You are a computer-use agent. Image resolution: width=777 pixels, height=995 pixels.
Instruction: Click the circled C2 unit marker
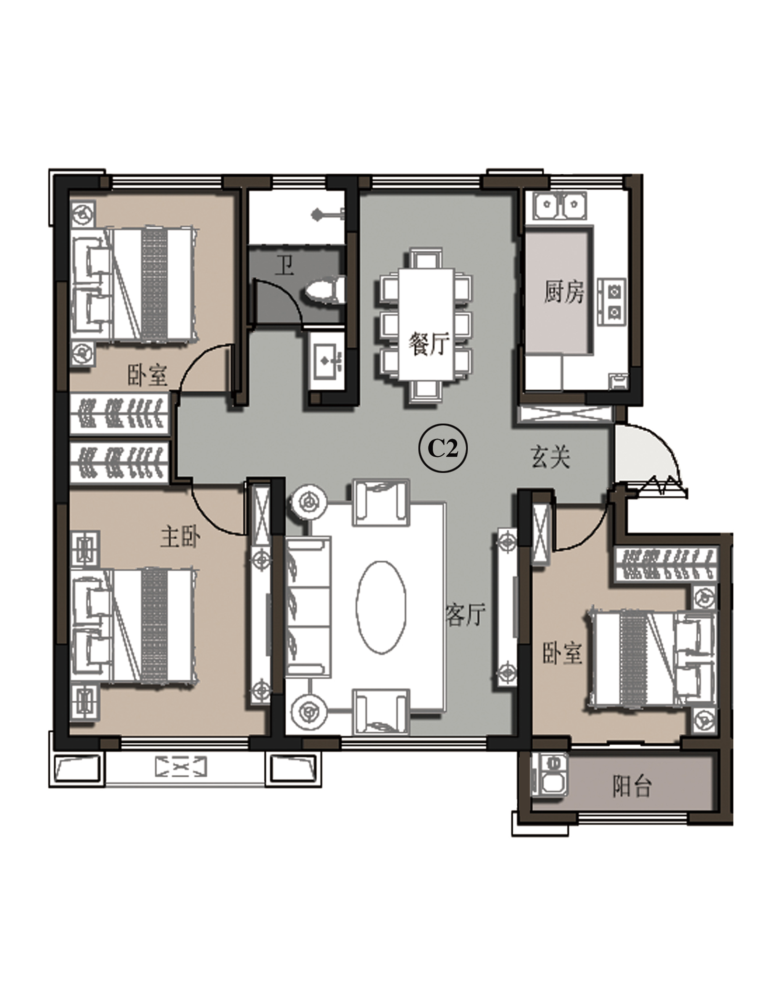tap(442, 449)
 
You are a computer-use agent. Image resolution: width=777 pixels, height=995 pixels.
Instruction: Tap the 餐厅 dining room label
tap(429, 343)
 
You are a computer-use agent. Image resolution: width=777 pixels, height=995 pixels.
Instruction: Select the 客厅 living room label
tap(465, 614)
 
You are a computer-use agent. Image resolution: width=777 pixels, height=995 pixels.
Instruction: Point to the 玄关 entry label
tap(550, 457)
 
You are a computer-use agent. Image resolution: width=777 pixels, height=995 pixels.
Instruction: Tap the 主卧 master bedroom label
tap(180, 537)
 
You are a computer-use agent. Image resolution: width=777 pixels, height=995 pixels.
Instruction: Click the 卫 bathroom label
tap(285, 265)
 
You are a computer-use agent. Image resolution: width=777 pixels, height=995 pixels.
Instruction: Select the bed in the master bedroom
tap(133, 626)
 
